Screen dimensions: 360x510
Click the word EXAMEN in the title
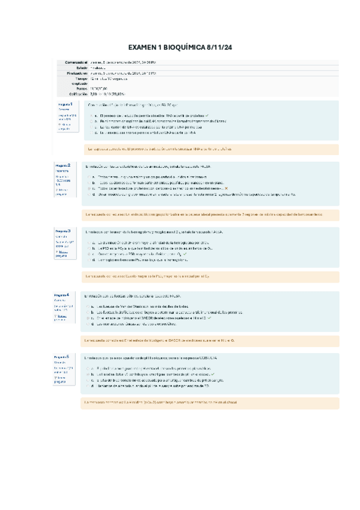(x=144, y=48)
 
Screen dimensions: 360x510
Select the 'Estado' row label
(x=80, y=67)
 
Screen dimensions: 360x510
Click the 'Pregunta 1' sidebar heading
(x=65, y=105)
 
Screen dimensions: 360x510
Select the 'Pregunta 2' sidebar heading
(x=64, y=165)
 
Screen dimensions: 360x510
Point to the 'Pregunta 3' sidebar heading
(x=64, y=231)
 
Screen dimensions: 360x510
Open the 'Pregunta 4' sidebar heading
(x=63, y=295)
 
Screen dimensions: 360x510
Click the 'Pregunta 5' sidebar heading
(x=63, y=357)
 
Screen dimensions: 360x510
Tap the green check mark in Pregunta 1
(x=206, y=115)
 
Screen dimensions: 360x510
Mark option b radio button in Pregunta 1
(x=90, y=121)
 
